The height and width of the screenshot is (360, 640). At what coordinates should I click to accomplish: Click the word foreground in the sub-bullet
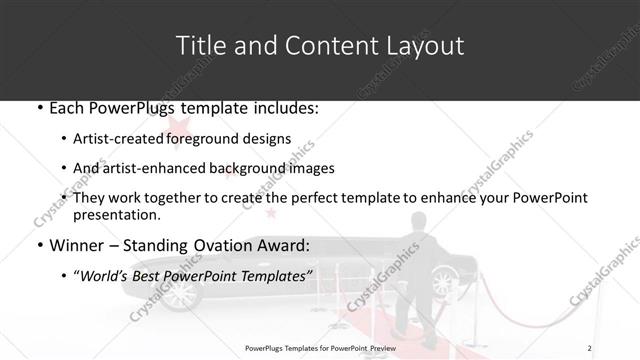pyautogui.click(x=213, y=139)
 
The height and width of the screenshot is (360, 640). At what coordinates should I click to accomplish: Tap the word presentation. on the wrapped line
pyautogui.click(x=116, y=215)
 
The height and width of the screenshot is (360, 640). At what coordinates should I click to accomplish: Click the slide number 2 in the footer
pyautogui.click(x=590, y=347)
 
